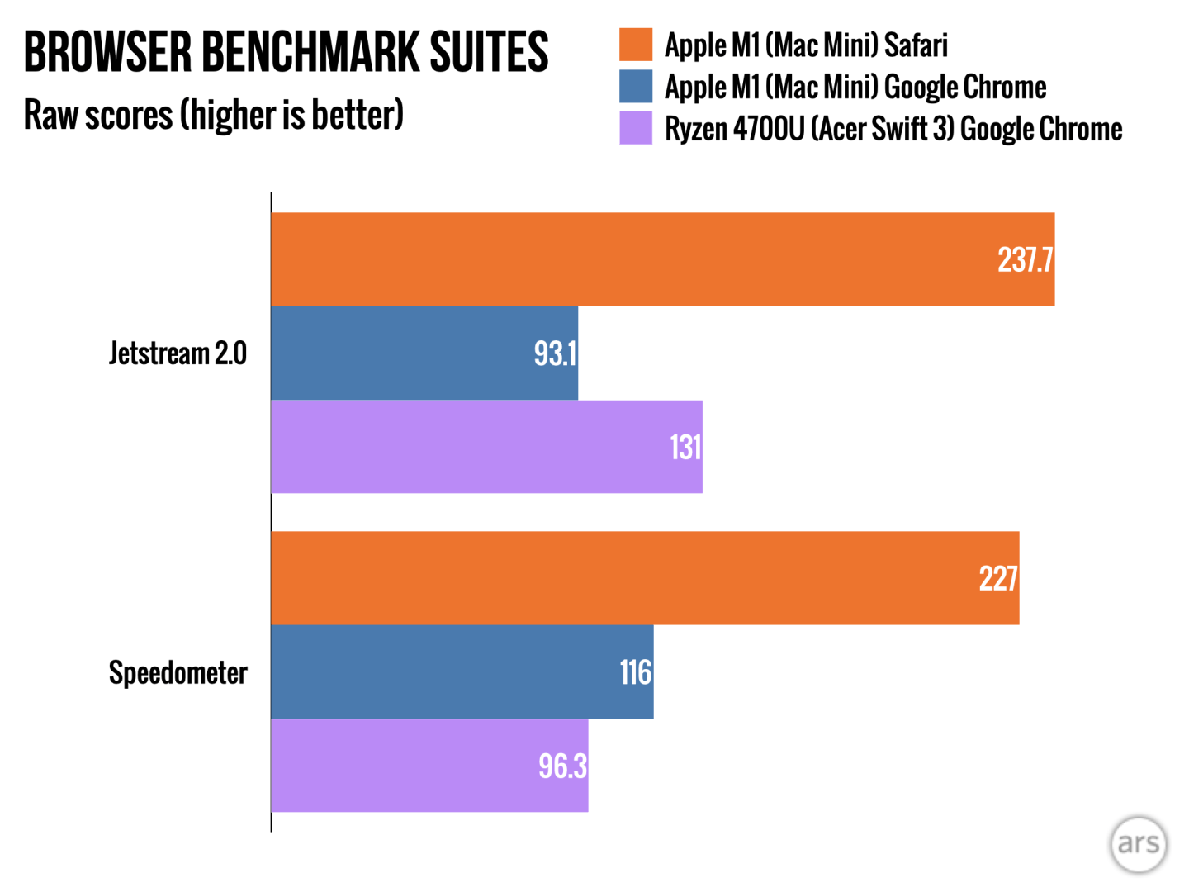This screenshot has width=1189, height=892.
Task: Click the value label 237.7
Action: (x=1025, y=260)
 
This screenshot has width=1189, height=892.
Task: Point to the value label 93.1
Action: (x=555, y=353)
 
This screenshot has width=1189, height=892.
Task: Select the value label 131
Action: (x=685, y=448)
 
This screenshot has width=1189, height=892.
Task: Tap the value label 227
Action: (x=998, y=579)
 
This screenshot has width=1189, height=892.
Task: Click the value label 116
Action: (x=636, y=672)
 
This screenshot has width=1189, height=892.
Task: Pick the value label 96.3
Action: (x=562, y=766)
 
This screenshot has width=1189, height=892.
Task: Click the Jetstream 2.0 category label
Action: (x=178, y=353)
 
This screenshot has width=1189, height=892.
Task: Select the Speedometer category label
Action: (x=178, y=672)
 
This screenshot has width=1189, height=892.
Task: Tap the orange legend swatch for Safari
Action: (x=636, y=45)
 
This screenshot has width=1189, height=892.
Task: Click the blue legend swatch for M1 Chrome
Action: (x=636, y=87)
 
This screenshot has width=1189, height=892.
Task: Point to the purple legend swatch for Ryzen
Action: (x=636, y=128)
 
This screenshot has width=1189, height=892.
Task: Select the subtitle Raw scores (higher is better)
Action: (x=213, y=114)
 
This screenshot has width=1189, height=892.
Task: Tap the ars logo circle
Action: (x=1139, y=843)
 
